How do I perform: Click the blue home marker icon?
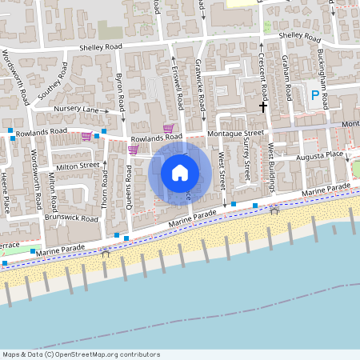pos(180,173)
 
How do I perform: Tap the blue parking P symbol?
pos(315,95)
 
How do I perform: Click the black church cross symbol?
pos(262,106)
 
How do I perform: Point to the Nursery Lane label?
pos(76,109)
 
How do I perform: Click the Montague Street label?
pos(235,133)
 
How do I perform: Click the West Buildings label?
pos(271,168)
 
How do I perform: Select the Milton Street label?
pos(78,166)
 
